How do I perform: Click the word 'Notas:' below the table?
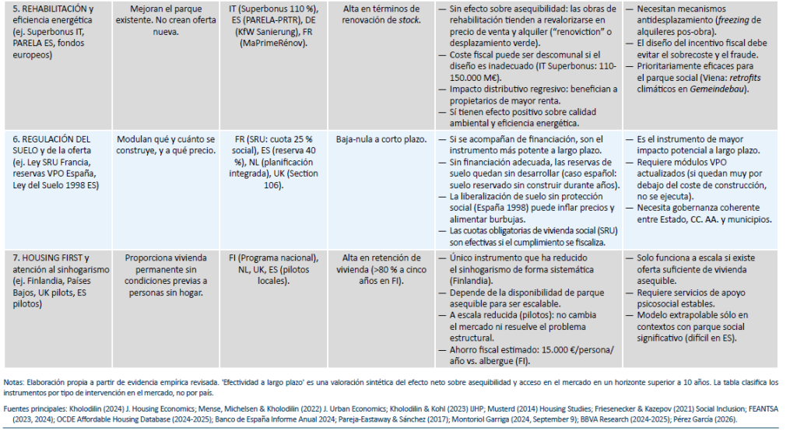13,381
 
